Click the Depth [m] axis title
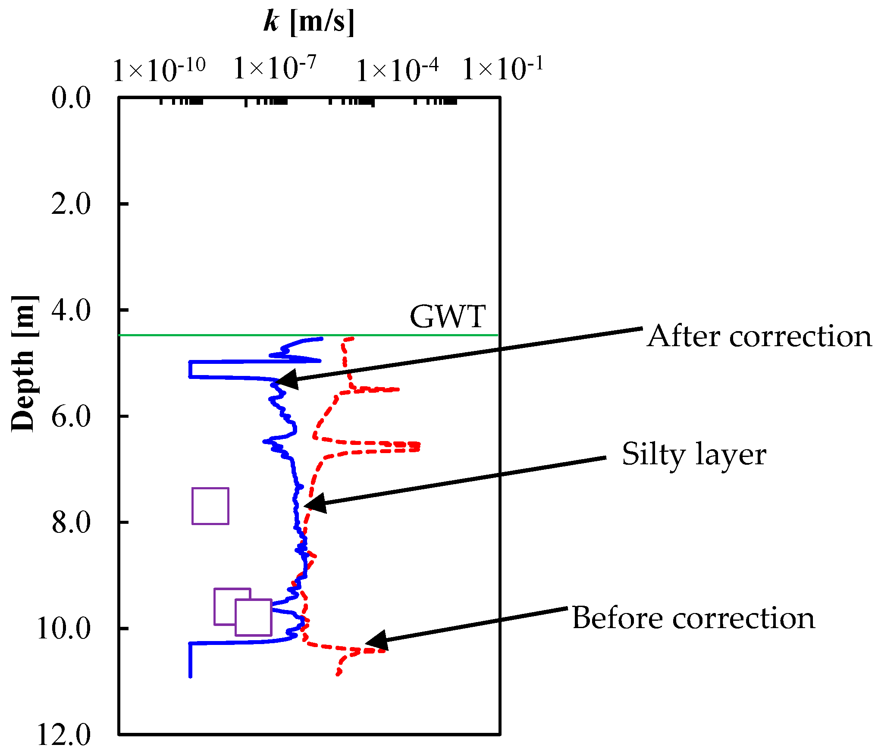click(24, 363)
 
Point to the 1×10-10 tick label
click(159, 69)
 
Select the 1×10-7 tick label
click(275, 68)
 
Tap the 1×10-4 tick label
click(397, 69)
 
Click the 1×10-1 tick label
click(503, 68)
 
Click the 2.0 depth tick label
click(71, 203)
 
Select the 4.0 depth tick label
click(71, 310)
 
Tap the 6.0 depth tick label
click(71, 416)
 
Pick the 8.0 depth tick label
click(71, 522)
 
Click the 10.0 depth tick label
click(64, 629)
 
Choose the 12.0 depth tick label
click(64, 735)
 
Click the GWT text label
click(448, 317)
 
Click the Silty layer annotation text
click(694, 454)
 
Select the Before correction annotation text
click(693, 618)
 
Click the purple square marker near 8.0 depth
click(210, 506)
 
